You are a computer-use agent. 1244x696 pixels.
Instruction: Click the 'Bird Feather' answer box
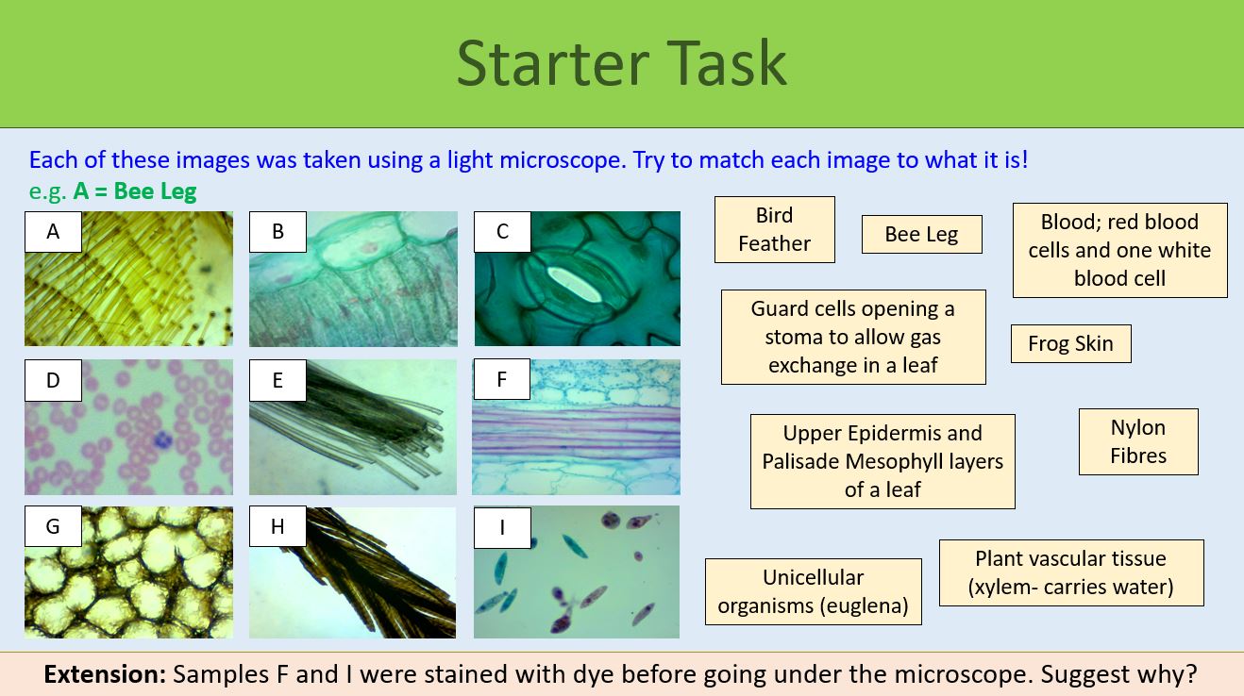[x=774, y=229]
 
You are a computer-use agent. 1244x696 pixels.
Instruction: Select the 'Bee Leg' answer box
[x=921, y=235]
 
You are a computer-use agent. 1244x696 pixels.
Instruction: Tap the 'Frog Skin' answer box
[x=1070, y=344]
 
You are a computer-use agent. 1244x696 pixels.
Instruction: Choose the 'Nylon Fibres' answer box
[x=1137, y=441]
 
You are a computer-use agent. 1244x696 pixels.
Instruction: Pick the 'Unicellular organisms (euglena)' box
[x=813, y=591]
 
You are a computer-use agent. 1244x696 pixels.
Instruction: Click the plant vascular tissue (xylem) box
[x=1070, y=572]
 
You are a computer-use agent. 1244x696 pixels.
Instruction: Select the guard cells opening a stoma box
[x=852, y=337]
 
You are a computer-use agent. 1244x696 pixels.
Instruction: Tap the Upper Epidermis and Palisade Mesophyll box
[x=883, y=461]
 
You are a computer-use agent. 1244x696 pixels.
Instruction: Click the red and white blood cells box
[x=1119, y=250]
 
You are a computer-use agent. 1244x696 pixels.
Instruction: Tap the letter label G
[x=53, y=526]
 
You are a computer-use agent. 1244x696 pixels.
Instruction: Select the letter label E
[x=277, y=380]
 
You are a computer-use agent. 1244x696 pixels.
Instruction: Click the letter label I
[x=502, y=527]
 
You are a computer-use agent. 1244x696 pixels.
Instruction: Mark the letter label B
[x=277, y=232]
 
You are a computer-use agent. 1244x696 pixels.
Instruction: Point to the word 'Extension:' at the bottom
[x=105, y=674]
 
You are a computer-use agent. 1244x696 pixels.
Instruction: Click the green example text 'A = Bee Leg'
[x=134, y=191]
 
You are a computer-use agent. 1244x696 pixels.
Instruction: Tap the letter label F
[x=502, y=380]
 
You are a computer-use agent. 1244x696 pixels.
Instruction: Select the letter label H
[x=277, y=527]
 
